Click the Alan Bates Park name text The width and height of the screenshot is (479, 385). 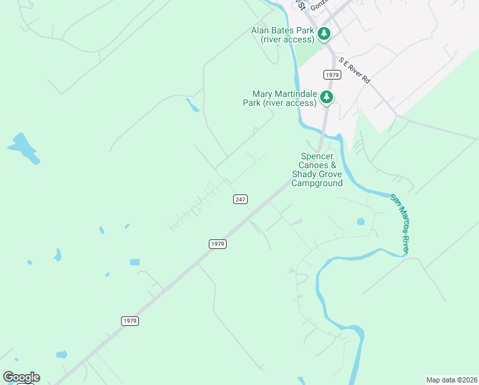282,30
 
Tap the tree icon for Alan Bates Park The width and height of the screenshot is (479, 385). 325,33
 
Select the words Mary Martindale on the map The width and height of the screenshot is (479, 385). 285,94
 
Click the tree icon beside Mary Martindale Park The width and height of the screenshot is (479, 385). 327,97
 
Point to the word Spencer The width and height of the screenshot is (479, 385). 318,156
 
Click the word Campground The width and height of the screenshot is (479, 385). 317,183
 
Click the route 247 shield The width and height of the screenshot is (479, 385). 240,200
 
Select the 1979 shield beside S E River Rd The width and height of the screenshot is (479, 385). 331,75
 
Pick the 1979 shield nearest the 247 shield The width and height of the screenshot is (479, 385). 218,244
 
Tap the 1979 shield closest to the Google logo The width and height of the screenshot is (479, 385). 130,320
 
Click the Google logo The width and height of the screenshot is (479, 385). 21,377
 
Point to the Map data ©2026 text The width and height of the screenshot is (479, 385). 451,379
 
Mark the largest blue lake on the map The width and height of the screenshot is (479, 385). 23,147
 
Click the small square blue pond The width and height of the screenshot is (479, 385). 134,262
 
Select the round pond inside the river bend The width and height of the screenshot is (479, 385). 361,222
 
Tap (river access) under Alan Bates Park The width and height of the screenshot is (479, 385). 288,40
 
